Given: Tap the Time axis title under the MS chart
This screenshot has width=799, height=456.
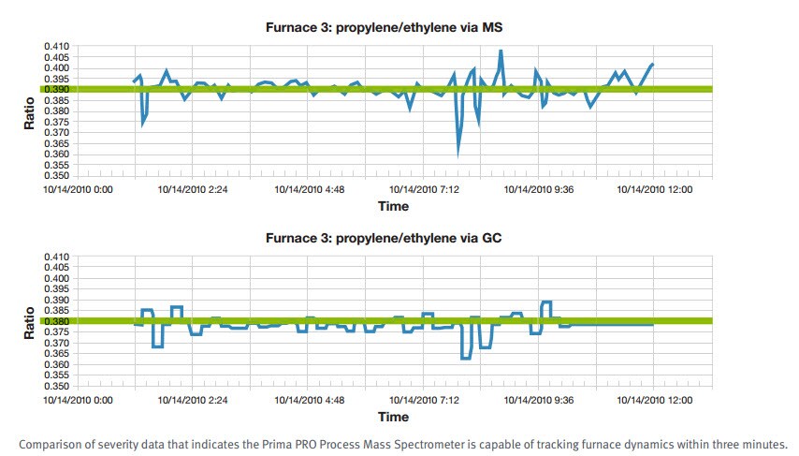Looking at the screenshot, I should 393,205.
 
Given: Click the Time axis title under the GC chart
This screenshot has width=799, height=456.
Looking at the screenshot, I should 393,416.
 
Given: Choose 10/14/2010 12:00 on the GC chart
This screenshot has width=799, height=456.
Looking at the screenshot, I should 654,400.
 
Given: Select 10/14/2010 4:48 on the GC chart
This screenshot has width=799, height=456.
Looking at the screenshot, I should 309,400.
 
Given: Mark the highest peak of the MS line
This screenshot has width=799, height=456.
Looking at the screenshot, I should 501,51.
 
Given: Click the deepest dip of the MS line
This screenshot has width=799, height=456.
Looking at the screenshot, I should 458,152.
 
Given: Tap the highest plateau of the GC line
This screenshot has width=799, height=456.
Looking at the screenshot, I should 547,302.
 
